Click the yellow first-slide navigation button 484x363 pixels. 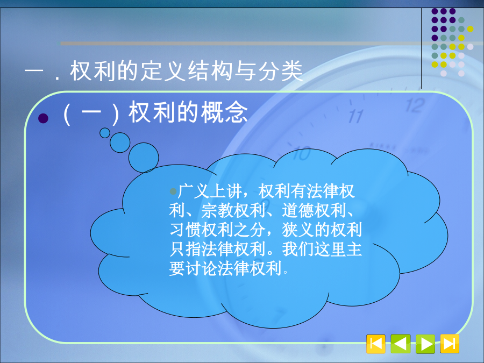point(376,344)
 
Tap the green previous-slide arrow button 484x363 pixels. point(400,344)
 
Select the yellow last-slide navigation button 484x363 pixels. point(450,344)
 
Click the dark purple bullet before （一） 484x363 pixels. point(43,118)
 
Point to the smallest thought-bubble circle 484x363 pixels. point(105,133)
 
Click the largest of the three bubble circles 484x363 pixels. point(144,158)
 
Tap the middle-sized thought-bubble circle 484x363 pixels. point(120,143)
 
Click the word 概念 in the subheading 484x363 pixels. point(224,112)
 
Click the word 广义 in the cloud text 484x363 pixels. point(194,191)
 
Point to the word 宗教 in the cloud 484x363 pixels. point(217,210)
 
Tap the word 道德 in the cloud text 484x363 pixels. point(298,210)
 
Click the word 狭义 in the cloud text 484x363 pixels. point(298,230)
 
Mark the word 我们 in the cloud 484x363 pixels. point(298,249)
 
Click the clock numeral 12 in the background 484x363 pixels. point(415,105)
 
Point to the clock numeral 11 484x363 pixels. point(356,117)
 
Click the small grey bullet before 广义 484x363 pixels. point(173,191)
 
